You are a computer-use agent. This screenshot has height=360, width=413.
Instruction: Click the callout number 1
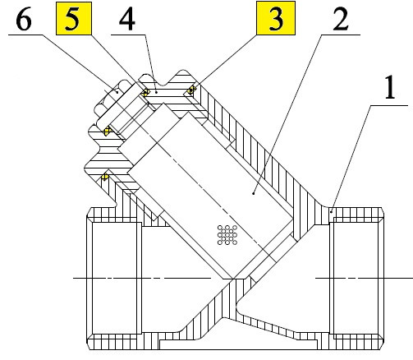(391, 88)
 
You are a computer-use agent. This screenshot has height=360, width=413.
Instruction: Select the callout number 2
(341, 19)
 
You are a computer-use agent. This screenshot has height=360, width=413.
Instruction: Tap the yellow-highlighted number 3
(276, 18)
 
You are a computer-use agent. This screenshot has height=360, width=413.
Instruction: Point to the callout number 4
(127, 19)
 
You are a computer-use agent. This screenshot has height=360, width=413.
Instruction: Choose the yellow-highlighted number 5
(73, 19)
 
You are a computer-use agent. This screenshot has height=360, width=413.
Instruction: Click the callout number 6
(24, 19)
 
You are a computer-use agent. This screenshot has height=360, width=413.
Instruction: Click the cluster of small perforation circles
(227, 235)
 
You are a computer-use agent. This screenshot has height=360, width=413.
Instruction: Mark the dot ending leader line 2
(254, 193)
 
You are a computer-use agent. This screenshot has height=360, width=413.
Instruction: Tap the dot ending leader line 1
(331, 211)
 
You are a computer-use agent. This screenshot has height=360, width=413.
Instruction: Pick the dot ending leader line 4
(156, 92)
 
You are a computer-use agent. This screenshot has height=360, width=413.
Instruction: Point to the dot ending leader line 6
(117, 92)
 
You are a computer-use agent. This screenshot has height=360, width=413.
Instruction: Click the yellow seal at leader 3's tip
(191, 90)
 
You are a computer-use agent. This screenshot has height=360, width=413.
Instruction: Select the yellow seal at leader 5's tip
(145, 92)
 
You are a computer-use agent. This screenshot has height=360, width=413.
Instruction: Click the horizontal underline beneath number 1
(389, 105)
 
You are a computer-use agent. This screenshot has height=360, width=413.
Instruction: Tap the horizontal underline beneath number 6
(25, 35)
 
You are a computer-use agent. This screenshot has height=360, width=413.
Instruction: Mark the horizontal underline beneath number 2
(341, 35)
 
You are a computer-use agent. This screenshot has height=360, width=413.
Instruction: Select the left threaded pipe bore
(114, 278)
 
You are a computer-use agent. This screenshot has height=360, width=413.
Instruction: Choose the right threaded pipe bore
(356, 278)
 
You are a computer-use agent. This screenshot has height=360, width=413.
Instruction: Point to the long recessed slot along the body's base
(238, 344)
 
